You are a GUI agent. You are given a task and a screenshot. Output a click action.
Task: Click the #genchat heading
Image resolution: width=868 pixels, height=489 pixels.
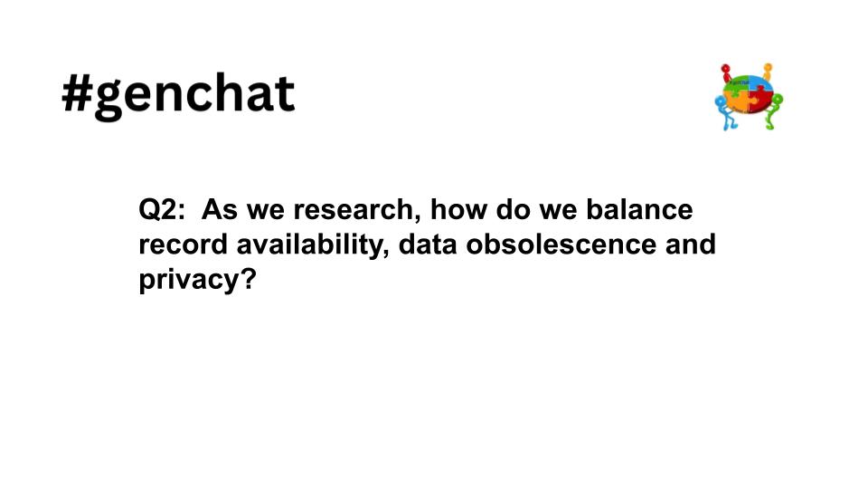(x=178, y=95)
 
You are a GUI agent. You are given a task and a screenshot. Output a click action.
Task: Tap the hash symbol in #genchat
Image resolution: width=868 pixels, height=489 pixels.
(x=79, y=94)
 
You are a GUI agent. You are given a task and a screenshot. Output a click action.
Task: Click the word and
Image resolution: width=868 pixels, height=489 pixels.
(x=687, y=244)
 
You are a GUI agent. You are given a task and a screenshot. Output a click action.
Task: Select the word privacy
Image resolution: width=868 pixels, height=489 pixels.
(x=185, y=280)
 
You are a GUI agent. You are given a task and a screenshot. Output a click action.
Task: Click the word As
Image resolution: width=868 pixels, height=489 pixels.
(x=217, y=210)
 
